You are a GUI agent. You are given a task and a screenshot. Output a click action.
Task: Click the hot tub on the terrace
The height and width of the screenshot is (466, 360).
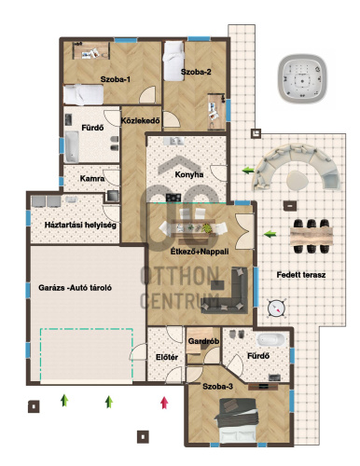[x=301, y=79]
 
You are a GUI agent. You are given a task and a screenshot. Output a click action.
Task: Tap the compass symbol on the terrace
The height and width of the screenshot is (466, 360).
[x=276, y=308]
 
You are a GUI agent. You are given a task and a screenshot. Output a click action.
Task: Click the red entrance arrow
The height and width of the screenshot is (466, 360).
[x=164, y=403]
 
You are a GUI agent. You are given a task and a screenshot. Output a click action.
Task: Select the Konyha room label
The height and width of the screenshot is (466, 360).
[x=189, y=174]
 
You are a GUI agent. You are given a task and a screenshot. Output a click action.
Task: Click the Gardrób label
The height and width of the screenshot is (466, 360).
[x=203, y=341]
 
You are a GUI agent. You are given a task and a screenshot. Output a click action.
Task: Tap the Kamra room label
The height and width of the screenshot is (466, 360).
[x=92, y=179]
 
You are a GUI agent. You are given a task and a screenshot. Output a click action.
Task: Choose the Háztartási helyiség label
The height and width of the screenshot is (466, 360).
[x=80, y=225]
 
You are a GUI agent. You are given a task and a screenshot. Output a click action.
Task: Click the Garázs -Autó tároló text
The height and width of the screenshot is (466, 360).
[x=75, y=288]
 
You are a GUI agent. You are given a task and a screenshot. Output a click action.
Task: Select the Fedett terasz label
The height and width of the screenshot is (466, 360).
[x=301, y=275]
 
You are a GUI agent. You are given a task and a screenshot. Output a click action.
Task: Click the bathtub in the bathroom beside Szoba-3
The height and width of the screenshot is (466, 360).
[x=270, y=339]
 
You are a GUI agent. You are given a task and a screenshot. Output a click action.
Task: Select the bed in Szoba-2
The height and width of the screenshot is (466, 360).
[x=173, y=61]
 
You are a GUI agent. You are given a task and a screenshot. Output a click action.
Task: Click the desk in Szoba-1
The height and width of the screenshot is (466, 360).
[x=91, y=50]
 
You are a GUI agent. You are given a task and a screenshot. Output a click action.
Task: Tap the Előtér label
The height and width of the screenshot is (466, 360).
[x=167, y=357]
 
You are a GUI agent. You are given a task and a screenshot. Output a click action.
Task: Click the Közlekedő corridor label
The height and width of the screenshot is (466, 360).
[x=140, y=120]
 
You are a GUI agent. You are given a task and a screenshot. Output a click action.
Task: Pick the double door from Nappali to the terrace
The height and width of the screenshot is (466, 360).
[x=245, y=231]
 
